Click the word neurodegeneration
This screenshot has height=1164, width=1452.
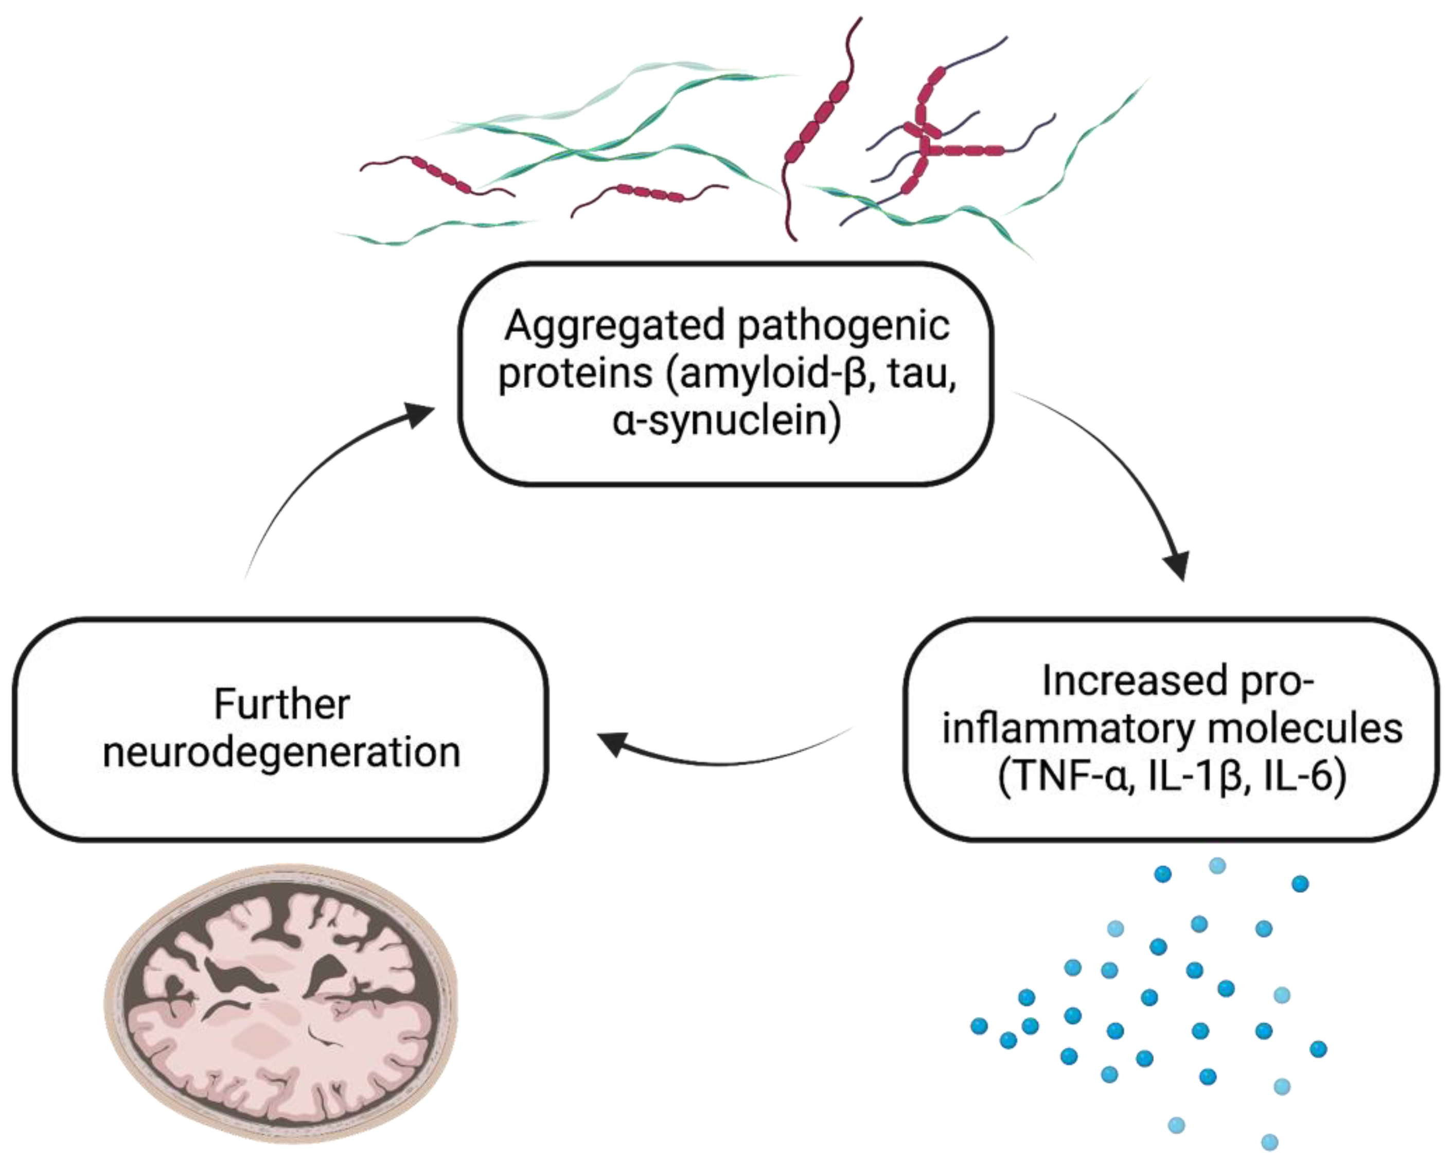point(281,752)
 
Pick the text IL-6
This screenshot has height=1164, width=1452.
point(1303,776)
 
